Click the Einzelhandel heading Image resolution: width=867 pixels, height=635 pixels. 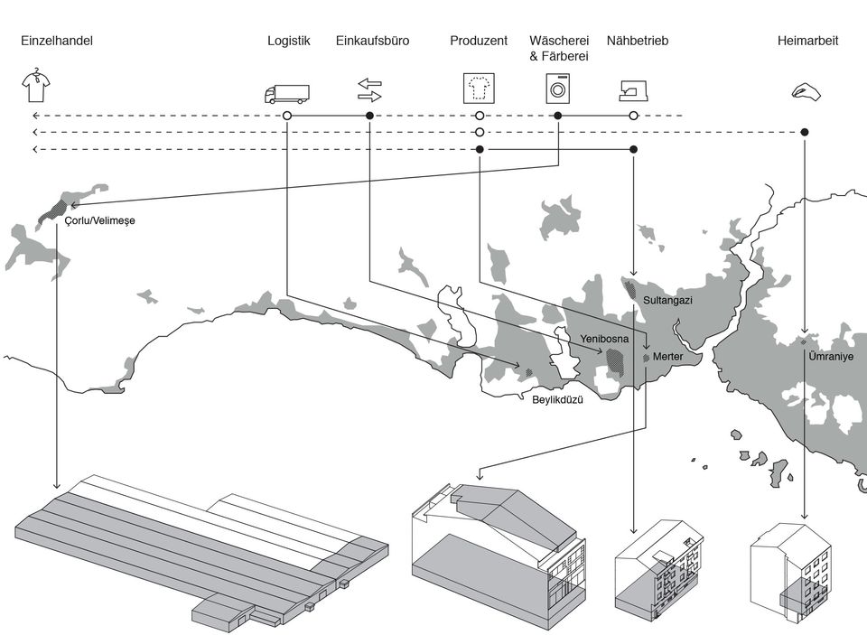click(57, 41)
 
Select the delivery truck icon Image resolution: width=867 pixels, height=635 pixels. click(286, 93)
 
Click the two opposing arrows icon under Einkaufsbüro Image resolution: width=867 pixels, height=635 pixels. click(369, 89)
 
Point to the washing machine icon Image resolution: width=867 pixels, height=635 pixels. click(558, 88)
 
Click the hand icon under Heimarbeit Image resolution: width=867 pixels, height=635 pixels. click(805, 90)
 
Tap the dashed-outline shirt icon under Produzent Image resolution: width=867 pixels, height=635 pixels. click(479, 89)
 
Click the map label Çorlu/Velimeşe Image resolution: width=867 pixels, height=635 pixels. click(100, 220)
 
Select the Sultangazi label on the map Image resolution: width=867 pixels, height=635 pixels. click(667, 300)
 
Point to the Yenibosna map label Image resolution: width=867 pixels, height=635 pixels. click(604, 339)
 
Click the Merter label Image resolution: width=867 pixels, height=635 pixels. click(667, 358)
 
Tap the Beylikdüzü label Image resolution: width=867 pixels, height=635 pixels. click(557, 399)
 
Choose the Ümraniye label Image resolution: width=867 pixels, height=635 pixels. click(831, 357)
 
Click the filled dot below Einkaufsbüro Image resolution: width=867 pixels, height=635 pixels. click(369, 116)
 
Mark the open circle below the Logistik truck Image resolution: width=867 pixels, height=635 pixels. click(286, 116)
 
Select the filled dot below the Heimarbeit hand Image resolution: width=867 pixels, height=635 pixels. click(805, 132)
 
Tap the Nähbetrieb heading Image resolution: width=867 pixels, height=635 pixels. click(638, 41)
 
